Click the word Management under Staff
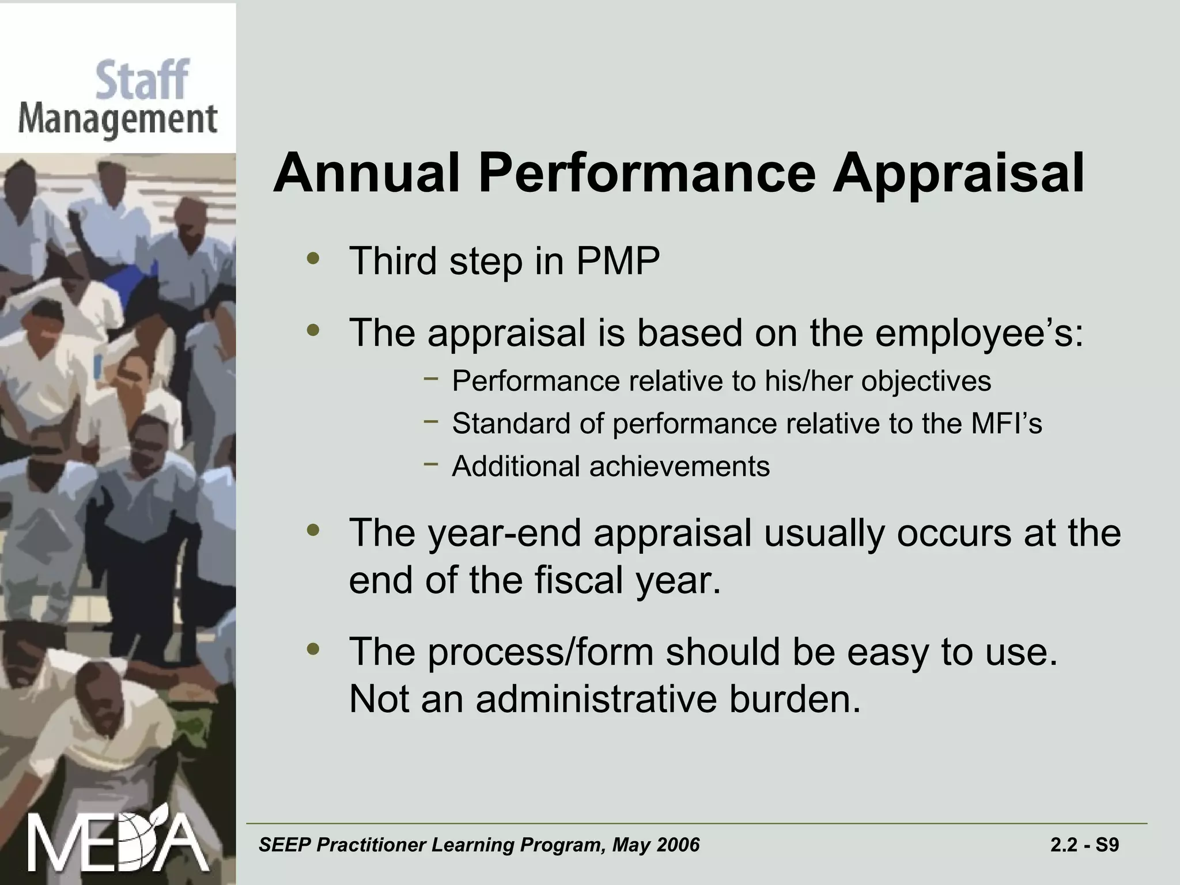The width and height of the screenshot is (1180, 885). (x=118, y=120)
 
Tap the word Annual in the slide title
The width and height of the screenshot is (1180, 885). (x=366, y=173)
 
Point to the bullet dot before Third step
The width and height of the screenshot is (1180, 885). (x=313, y=259)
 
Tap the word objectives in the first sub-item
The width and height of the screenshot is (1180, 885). (x=926, y=381)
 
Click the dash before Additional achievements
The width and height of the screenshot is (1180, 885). (x=430, y=464)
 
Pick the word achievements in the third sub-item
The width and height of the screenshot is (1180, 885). (x=679, y=466)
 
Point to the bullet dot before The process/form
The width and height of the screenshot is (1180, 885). (x=313, y=649)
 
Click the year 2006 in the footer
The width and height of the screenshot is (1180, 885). (x=678, y=845)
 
